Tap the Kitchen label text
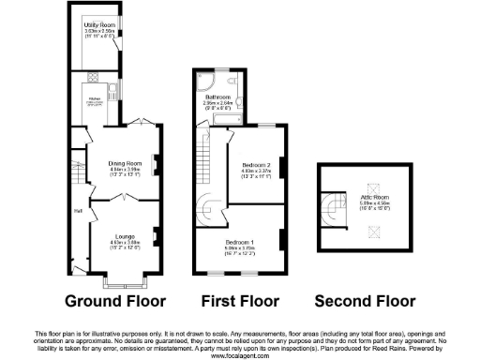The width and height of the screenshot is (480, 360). (x=94, y=98)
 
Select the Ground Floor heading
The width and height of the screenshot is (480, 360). (x=114, y=302)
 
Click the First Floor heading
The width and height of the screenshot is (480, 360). (x=240, y=302)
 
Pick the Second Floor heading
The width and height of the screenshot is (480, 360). (x=364, y=302)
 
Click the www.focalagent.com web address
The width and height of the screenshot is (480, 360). (x=239, y=355)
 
